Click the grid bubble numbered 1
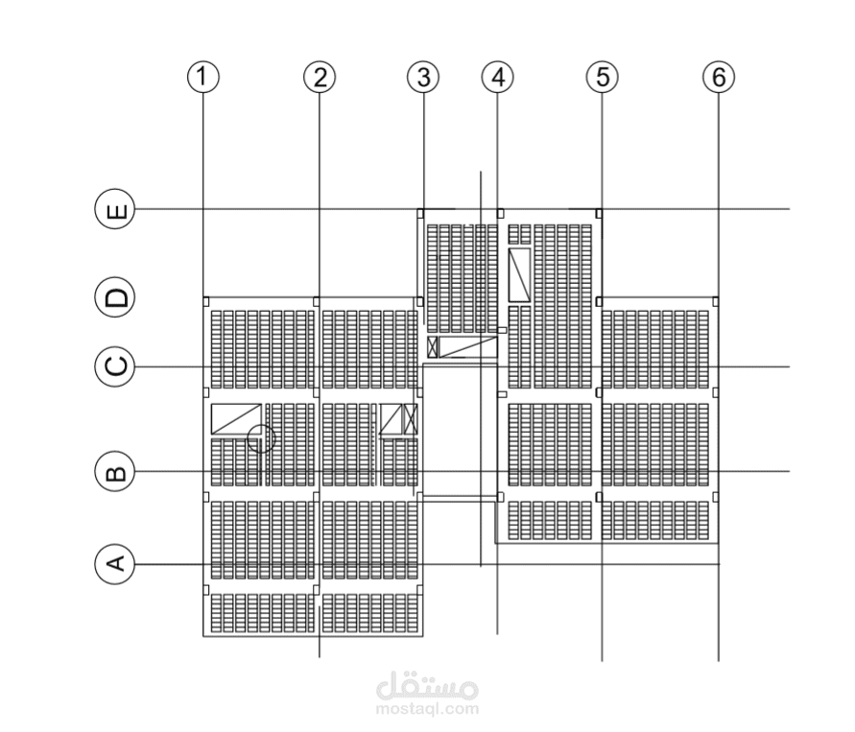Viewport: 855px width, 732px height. click(x=203, y=77)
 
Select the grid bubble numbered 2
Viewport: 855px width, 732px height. click(x=320, y=77)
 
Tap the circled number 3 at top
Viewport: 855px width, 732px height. click(x=424, y=77)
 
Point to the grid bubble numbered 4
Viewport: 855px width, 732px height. click(x=498, y=77)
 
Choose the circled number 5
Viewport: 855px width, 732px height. click(x=603, y=77)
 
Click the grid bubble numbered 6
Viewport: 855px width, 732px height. click(x=719, y=77)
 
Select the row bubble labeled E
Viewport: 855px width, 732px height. click(x=115, y=209)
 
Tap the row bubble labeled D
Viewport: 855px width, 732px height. click(x=115, y=297)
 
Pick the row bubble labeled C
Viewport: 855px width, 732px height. click(x=115, y=366)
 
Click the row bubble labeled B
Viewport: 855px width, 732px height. click(x=115, y=471)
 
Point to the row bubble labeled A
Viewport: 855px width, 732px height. click(x=115, y=563)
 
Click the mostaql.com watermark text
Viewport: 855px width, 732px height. click(x=428, y=709)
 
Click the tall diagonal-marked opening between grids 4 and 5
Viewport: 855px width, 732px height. click(x=519, y=274)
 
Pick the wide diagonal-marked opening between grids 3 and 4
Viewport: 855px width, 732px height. click(x=468, y=347)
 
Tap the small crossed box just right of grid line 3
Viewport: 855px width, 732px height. click(x=433, y=347)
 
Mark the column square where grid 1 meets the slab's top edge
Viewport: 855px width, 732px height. click(x=206, y=301)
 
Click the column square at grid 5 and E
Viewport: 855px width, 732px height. click(x=599, y=213)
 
